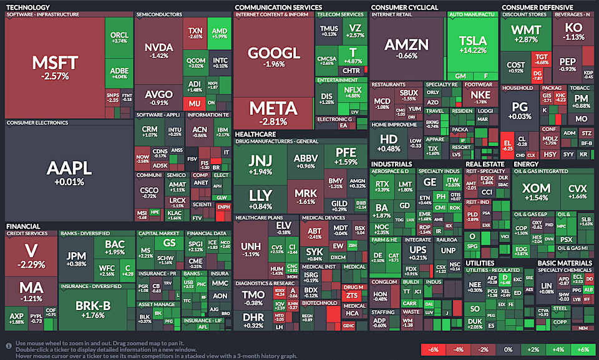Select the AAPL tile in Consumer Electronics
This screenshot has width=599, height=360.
coord(69,172)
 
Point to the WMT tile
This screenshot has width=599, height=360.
coord(526,34)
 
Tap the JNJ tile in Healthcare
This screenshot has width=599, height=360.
coord(260,162)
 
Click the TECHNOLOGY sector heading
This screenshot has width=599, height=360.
coord(28,7)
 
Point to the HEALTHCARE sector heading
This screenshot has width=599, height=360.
coord(255,134)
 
